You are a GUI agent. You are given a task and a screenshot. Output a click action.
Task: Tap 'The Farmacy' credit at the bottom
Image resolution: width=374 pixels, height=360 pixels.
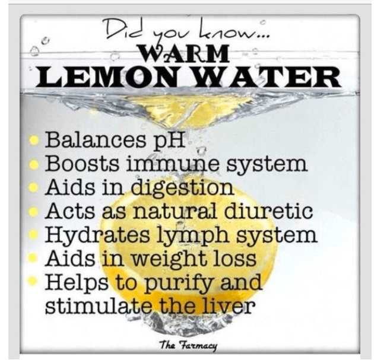188,345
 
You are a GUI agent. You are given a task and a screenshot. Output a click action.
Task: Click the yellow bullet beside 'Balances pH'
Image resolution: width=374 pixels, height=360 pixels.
34,141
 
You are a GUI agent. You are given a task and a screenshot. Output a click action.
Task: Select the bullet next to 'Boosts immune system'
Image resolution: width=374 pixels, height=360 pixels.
34,164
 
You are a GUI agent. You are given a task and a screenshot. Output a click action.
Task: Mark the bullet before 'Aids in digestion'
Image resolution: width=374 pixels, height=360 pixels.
34,187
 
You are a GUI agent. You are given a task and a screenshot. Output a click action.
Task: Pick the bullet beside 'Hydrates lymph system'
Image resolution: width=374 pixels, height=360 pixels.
33,234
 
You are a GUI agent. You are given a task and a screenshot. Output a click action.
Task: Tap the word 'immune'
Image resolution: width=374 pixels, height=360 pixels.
174,163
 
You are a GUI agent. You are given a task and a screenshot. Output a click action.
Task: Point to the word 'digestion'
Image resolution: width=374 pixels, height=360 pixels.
182,187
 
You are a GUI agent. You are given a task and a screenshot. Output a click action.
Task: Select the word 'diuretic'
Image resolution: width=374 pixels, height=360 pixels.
268,211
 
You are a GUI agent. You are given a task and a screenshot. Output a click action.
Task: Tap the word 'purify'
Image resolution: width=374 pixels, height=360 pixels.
179,282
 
